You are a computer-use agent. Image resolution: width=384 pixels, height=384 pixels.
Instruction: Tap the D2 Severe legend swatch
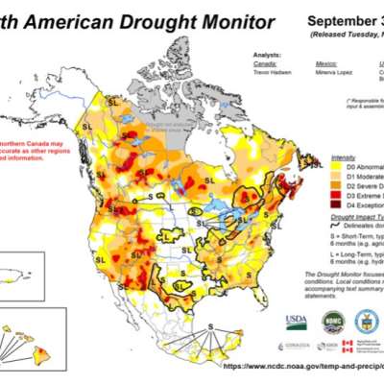[336, 184]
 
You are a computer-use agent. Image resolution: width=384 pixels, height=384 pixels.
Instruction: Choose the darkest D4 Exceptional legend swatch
[336, 204]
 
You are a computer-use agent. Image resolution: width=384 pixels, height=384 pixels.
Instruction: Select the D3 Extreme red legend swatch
[336, 194]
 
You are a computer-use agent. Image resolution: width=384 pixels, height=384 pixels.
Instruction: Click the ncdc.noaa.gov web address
[302, 366]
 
